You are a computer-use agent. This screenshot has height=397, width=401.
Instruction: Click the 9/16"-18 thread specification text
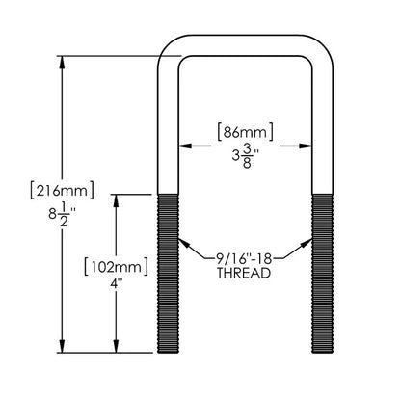[x=244, y=258]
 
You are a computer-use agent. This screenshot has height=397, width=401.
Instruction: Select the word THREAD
[x=244, y=274]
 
